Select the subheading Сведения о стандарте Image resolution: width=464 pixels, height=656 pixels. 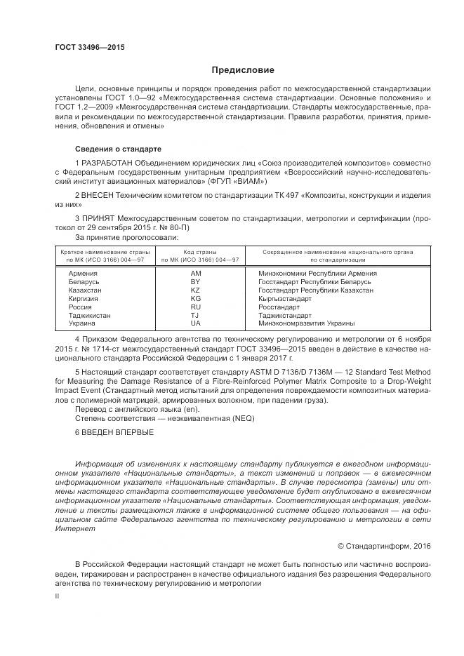[x=119, y=149]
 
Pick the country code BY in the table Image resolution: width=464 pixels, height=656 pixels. [x=195, y=281]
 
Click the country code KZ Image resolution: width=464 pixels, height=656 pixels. [x=195, y=290]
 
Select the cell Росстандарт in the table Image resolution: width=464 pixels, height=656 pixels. [x=279, y=307]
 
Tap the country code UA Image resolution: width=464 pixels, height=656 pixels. [x=195, y=323]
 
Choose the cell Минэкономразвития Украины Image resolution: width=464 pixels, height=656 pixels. [x=306, y=323]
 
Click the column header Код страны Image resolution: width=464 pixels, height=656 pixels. [x=199, y=252]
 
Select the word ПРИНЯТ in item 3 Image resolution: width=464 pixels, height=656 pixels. [x=99, y=218]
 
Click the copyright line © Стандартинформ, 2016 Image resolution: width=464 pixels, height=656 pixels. [x=383, y=546]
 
